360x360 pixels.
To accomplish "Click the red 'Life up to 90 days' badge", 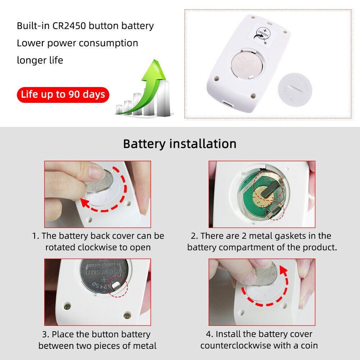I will (x=63, y=95).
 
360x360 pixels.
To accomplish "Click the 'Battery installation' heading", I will (x=180, y=144).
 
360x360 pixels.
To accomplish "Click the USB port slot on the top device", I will (x=228, y=104).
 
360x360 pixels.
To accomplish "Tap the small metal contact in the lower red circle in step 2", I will (x=275, y=210).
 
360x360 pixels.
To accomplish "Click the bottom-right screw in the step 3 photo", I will (x=126, y=316).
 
